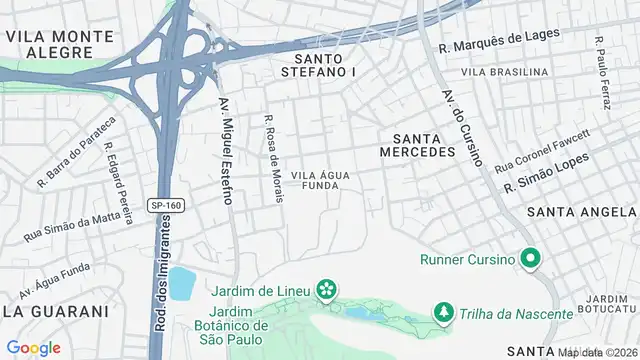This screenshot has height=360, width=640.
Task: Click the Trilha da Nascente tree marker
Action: (x=443, y=313)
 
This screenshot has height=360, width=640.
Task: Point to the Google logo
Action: (x=33, y=347)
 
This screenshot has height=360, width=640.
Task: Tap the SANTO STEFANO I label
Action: (x=312, y=66)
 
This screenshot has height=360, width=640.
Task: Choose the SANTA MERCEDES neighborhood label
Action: (x=418, y=145)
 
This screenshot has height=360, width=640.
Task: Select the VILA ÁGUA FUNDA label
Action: (x=320, y=180)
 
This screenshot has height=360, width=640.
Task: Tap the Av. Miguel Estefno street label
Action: (x=226, y=151)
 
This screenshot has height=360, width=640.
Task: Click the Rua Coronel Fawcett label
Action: (x=542, y=149)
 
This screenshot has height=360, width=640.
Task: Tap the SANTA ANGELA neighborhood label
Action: (x=581, y=212)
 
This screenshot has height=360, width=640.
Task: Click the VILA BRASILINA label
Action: (x=505, y=72)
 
